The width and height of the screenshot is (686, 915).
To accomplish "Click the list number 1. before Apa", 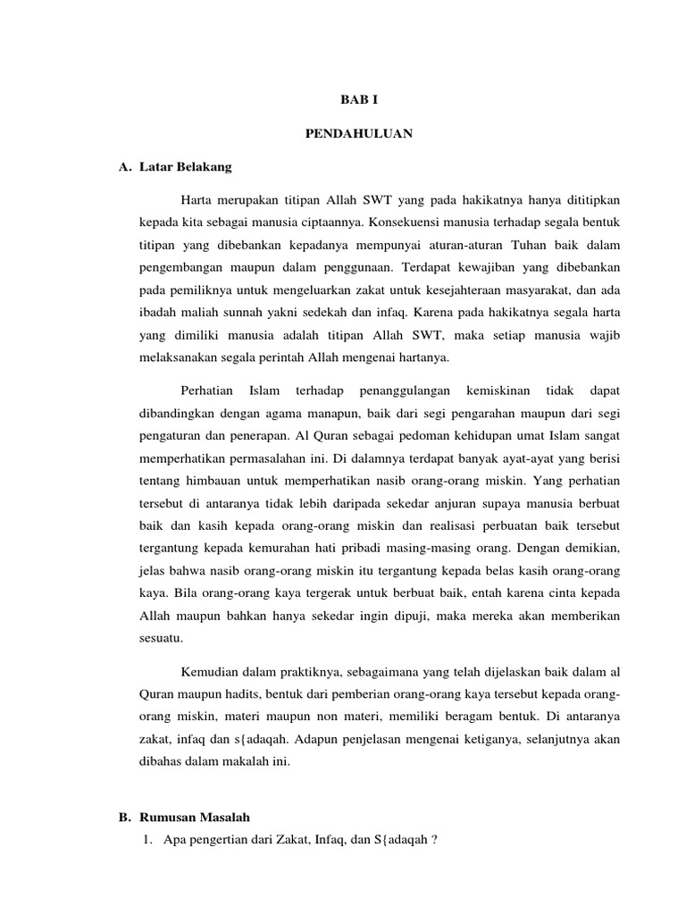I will pyautogui.click(x=148, y=839).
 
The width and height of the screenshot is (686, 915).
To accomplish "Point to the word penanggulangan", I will pyautogui.click(x=406, y=391).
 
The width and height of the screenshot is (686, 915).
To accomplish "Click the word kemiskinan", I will pyautogui.click(x=500, y=391).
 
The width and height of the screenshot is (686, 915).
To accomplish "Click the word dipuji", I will pyautogui.click(x=397, y=617).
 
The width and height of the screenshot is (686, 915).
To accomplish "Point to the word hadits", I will pyautogui.click(x=238, y=694).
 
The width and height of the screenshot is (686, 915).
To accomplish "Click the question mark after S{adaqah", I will pyautogui.click(x=433, y=840).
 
